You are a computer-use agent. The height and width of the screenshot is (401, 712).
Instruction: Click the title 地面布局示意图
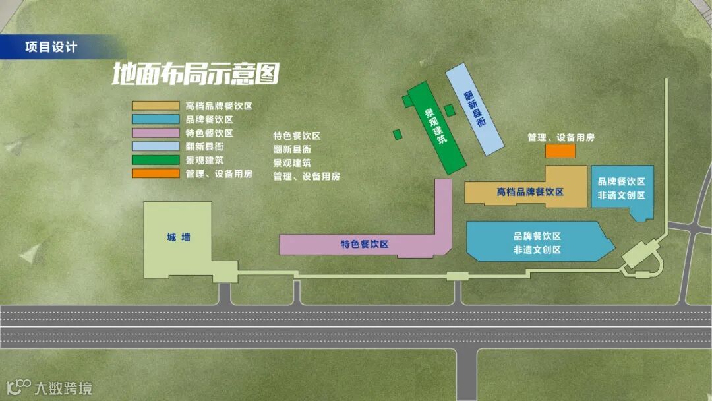tap(195, 74)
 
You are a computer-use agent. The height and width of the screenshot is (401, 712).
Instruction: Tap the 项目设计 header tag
tap(51, 48)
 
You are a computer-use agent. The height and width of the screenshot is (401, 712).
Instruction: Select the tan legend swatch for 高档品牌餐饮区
tap(156, 106)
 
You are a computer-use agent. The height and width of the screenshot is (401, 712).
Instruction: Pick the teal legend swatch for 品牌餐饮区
tap(156, 119)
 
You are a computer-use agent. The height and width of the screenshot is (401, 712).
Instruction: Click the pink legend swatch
tap(156, 133)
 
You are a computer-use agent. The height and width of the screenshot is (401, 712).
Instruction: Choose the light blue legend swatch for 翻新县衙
tap(156, 146)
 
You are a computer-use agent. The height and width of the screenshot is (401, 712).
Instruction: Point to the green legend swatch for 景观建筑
tap(156, 160)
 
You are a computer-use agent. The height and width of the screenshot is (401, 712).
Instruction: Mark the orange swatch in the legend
tap(156, 173)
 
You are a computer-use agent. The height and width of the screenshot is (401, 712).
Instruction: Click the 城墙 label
tap(179, 237)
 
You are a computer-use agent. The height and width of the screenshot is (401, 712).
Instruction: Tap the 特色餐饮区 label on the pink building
tap(365, 245)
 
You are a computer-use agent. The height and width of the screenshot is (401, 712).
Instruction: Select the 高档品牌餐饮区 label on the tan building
tap(530, 192)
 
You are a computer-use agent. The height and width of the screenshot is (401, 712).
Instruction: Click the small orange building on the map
tap(560, 151)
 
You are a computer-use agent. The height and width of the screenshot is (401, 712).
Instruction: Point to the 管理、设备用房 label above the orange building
tap(561, 137)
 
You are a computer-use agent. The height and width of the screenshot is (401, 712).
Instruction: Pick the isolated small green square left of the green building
tap(398, 135)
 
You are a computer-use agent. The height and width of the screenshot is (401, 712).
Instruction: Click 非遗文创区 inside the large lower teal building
tap(537, 250)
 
